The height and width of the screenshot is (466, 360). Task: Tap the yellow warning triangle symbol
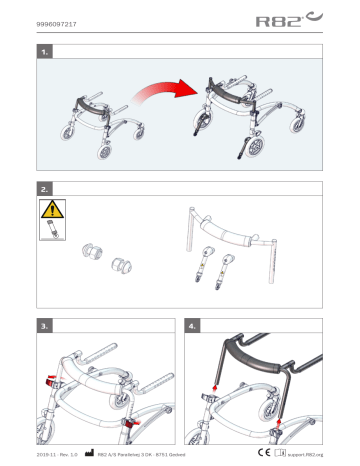pos(48,210)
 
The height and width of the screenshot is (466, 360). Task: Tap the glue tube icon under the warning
pos(48,233)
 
